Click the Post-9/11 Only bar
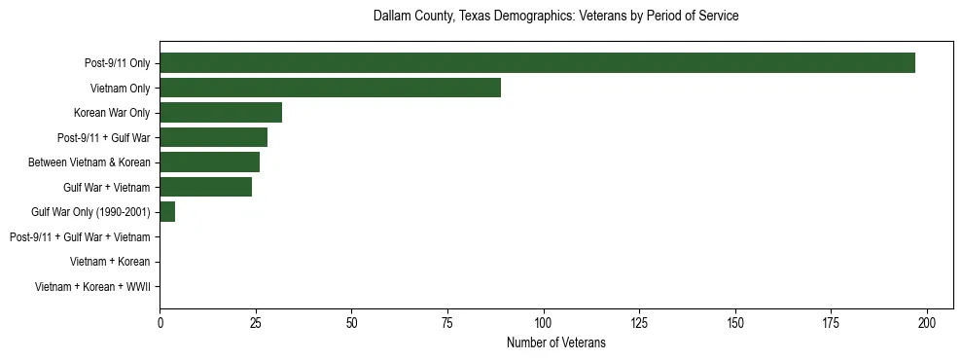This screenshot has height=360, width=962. point(537,63)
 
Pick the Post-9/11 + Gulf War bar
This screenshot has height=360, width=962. point(213,137)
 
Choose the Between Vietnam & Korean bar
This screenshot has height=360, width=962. point(209,162)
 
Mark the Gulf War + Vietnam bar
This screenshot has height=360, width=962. point(205,187)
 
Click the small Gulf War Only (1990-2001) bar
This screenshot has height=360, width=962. point(167,212)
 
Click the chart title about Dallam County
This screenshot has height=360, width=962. point(555,17)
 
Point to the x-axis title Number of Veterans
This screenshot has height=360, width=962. point(555,342)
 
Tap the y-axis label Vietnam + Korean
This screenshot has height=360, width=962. point(110,262)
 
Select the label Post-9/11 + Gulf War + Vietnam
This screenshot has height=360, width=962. point(79,236)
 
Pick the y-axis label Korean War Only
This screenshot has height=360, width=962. point(112,113)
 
